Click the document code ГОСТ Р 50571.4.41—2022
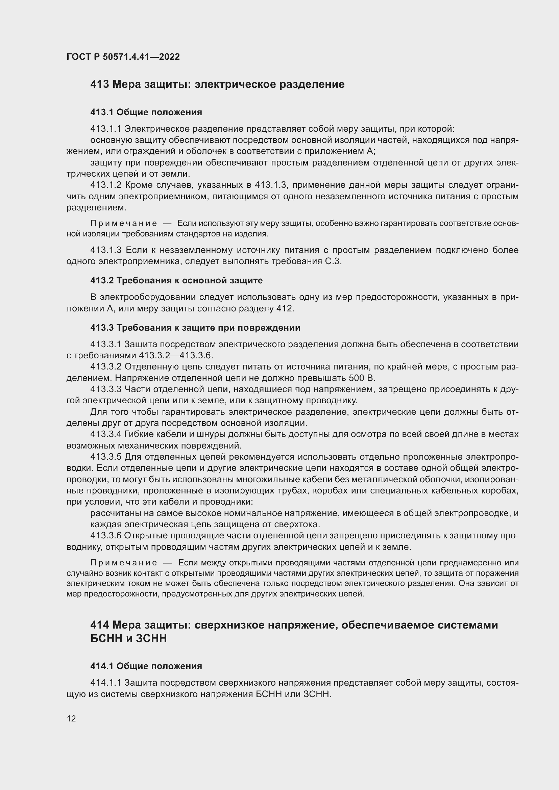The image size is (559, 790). (123, 57)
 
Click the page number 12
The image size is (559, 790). (71, 718)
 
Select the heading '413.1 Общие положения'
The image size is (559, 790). (146, 112)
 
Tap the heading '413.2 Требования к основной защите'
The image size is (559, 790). (176, 280)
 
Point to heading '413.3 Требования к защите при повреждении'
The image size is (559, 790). (195, 328)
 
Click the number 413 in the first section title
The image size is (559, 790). (100, 84)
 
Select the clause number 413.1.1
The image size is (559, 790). (106, 129)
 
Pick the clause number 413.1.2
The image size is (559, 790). (106, 185)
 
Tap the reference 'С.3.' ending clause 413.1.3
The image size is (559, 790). (333, 261)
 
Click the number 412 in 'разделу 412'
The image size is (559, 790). (285, 308)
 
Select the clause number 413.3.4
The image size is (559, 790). (106, 434)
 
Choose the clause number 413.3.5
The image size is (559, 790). (106, 457)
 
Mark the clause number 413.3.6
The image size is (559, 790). (106, 535)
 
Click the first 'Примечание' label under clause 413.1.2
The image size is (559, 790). (124, 224)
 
